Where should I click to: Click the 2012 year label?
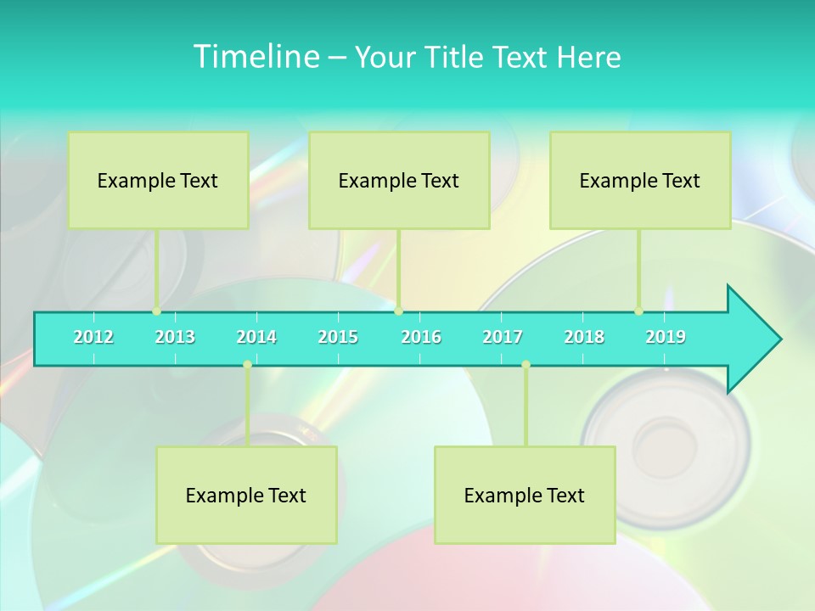(93, 337)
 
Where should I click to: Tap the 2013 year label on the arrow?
(175, 337)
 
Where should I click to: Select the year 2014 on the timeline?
(256, 337)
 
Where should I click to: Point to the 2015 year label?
(338, 337)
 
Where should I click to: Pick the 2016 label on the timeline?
(421, 337)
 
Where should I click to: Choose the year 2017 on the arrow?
(503, 337)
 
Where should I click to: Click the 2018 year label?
(584, 337)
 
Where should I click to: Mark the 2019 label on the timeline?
(666, 337)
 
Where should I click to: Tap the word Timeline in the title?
(255, 57)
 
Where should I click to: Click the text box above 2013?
(158, 180)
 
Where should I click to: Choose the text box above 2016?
(399, 180)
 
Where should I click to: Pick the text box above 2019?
(640, 180)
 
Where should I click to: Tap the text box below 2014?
(246, 495)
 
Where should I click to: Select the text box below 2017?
(525, 495)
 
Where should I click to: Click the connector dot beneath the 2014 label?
(247, 365)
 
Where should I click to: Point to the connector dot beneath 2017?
(526, 365)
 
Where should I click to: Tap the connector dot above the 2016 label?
(398, 311)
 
